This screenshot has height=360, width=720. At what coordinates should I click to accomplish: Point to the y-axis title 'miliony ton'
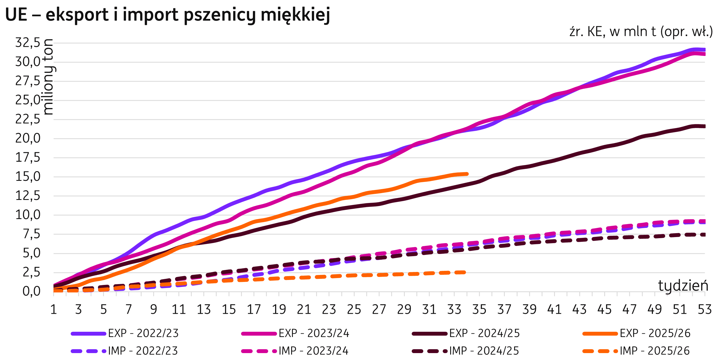(49, 77)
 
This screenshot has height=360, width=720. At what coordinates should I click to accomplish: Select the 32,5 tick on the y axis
(28, 43)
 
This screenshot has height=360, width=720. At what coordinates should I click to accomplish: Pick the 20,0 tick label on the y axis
(28, 139)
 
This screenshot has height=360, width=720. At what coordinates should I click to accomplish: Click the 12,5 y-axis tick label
(28, 196)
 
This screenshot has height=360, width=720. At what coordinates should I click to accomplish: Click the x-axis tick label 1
(53, 310)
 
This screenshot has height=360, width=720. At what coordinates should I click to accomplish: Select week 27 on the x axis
(379, 310)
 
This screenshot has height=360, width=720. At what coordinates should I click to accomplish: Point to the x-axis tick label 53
(705, 310)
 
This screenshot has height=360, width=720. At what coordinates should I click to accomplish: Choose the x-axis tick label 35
(479, 310)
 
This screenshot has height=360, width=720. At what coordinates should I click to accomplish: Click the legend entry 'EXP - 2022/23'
(143, 333)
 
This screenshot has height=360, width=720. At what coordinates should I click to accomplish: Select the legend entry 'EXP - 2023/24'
(314, 333)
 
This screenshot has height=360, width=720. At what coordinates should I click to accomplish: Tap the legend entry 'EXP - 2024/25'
(484, 333)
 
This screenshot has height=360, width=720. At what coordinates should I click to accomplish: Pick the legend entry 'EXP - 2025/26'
(655, 333)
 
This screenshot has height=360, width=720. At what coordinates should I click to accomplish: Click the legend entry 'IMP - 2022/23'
(143, 351)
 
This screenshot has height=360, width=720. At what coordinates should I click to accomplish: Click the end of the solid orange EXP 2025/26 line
(467, 174)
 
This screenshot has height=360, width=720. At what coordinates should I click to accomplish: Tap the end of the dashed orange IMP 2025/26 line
(464, 272)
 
